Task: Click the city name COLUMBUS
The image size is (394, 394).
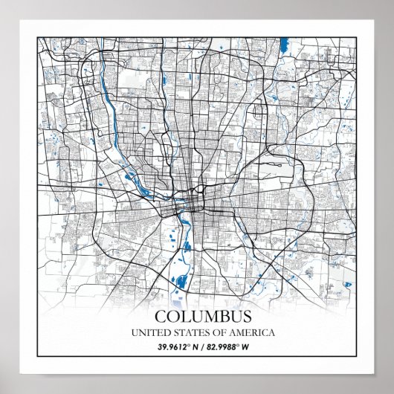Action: tap(198, 317)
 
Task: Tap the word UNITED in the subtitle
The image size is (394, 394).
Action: tap(149, 332)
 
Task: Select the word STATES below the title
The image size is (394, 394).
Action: tap(184, 332)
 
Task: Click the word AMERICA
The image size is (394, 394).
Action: tap(241, 332)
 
